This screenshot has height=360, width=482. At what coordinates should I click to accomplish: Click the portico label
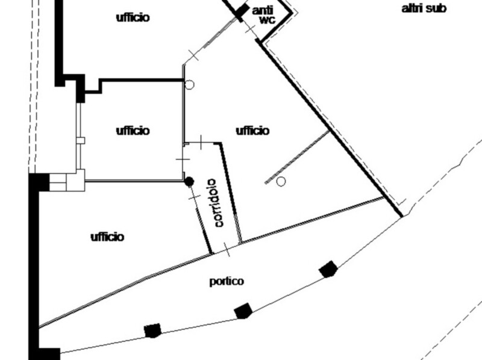(x=227, y=281)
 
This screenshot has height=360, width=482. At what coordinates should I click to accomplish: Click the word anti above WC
(x=263, y=10)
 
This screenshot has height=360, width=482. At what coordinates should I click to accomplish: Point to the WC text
(x=267, y=20)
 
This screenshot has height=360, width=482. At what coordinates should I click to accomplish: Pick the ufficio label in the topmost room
(x=133, y=17)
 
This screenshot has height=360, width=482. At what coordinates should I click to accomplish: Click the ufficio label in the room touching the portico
(x=107, y=237)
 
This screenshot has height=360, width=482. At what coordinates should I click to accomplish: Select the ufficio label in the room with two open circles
(x=252, y=131)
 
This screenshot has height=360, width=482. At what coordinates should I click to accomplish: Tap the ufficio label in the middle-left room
(x=133, y=131)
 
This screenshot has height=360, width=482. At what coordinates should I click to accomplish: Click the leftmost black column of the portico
(x=153, y=330)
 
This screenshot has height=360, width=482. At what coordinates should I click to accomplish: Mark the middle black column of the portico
(x=242, y=311)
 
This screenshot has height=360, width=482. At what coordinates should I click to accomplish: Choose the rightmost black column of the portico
(x=328, y=268)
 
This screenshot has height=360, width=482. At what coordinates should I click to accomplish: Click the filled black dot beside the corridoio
(x=189, y=181)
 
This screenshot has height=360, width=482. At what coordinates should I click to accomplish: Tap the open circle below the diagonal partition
(x=281, y=181)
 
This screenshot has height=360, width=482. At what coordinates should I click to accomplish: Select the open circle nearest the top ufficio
(x=189, y=85)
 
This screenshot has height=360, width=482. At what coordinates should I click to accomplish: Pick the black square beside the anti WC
(x=241, y=11)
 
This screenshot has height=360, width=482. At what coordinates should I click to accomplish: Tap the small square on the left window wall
(x=81, y=140)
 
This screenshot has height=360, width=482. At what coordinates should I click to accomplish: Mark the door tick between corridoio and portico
(x=226, y=249)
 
